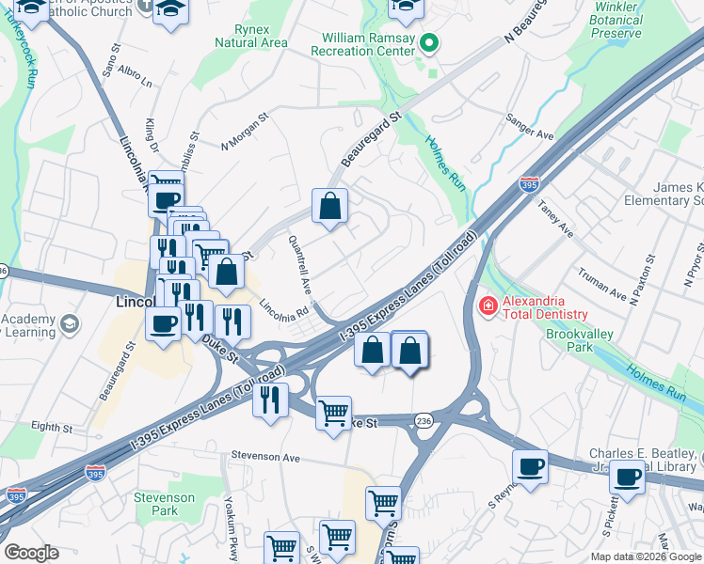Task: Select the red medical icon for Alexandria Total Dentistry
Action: [x=488, y=305]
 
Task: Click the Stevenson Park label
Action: [x=164, y=504]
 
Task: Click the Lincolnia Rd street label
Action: [x=284, y=307]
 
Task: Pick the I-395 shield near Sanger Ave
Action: [x=530, y=184]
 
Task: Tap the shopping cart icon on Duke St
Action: [x=333, y=413]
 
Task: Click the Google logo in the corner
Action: [x=31, y=553]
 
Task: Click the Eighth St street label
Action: [x=51, y=427]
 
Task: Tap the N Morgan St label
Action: [x=245, y=132]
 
